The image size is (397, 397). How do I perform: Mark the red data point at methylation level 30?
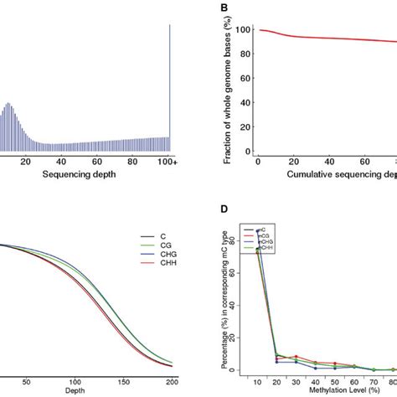pos(296,357)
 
